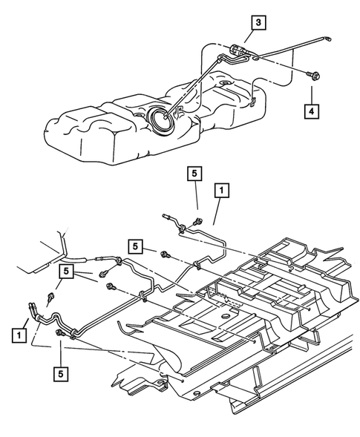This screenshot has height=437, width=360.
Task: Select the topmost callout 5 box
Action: pyautogui.click(x=194, y=174)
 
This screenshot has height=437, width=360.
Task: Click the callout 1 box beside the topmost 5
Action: pyautogui.click(x=220, y=191)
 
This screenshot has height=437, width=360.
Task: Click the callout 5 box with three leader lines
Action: pyautogui.click(x=67, y=274)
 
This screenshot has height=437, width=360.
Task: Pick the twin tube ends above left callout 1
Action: pyautogui.click(x=32, y=306)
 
